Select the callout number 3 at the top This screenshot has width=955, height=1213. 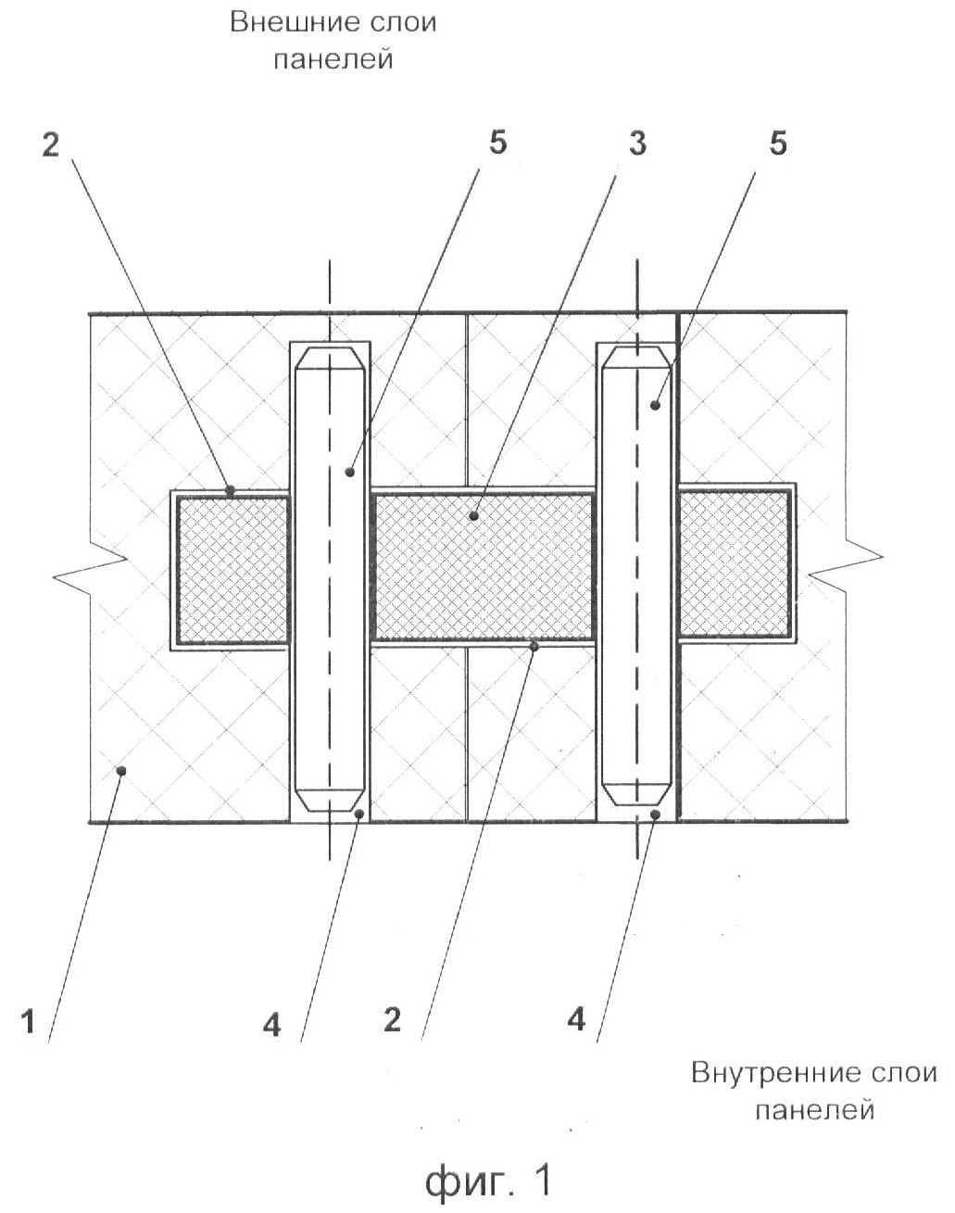pos(637,144)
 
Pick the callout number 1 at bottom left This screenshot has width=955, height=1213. pos(29,1021)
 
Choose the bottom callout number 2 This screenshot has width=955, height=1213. pos(392,1019)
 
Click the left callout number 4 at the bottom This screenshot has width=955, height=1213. pos(271,1025)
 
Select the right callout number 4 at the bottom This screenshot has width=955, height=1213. pos(576,1019)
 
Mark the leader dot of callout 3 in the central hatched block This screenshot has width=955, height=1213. pos(474,515)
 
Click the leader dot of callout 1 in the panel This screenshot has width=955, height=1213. pos(120,770)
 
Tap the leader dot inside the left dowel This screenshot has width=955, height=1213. pos(350,472)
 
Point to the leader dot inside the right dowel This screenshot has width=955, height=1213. pos(655,404)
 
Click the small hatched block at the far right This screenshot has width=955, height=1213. pos(734,563)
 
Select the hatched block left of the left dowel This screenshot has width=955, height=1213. pos(232,569)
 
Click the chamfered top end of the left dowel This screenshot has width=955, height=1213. pos(331,359)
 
